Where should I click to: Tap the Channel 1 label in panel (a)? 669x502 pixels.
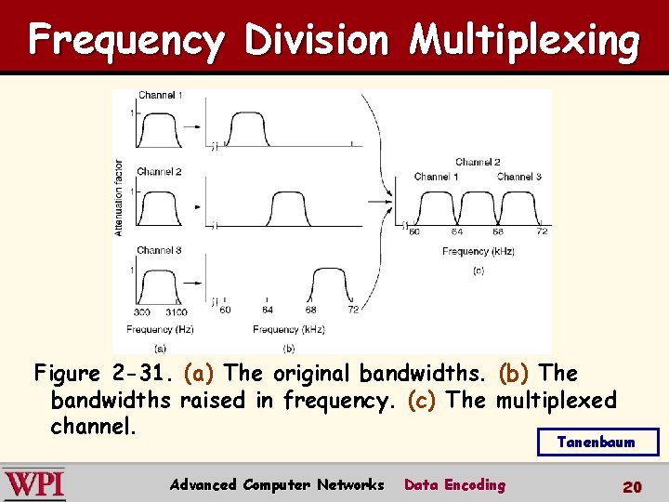pyautogui.click(x=160, y=96)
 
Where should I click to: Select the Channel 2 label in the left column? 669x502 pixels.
pyautogui.click(x=159, y=172)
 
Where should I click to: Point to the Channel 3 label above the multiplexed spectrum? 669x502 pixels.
pyautogui.click(x=518, y=177)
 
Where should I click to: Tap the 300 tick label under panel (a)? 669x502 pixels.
pyautogui.click(x=142, y=311)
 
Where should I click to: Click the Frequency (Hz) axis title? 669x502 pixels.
pyautogui.click(x=158, y=329)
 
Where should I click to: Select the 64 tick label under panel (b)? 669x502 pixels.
pyautogui.click(x=268, y=310)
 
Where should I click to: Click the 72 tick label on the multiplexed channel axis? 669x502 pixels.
pyautogui.click(x=541, y=231)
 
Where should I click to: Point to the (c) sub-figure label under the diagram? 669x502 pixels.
pyautogui.click(x=479, y=271)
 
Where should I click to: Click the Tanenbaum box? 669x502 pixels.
pyautogui.click(x=597, y=442)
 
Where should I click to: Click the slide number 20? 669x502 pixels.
pyautogui.click(x=632, y=486)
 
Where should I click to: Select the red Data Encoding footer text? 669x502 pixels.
pyautogui.click(x=454, y=484)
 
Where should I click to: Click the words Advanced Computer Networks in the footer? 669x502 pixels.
pyautogui.click(x=277, y=484)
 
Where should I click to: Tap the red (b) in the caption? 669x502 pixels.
pyautogui.click(x=515, y=374)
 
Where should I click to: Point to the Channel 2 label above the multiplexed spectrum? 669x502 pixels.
pyautogui.click(x=479, y=162)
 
